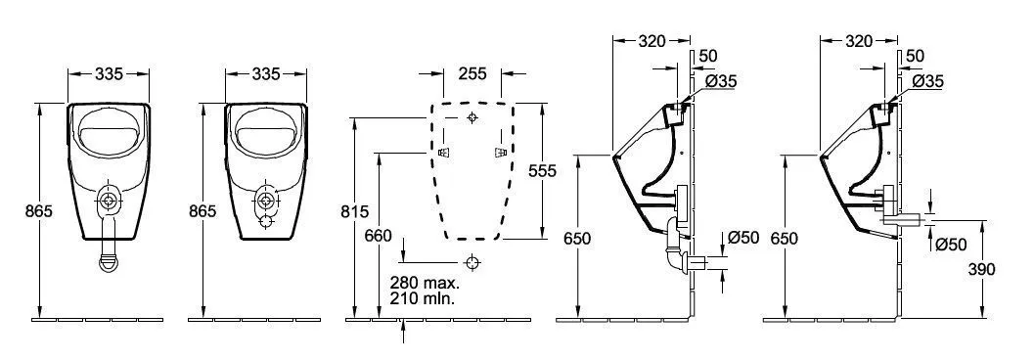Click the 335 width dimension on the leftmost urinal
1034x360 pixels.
108,73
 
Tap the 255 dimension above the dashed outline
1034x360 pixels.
472,73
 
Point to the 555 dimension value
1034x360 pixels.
541,170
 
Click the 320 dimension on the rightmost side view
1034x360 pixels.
858,41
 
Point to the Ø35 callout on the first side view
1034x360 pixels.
720,82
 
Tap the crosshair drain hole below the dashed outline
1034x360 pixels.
472,262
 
